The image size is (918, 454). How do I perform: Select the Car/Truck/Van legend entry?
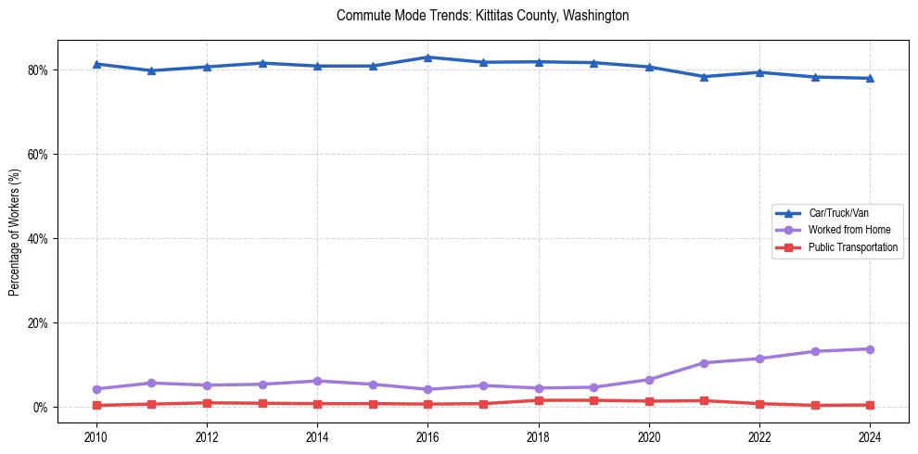[838, 213]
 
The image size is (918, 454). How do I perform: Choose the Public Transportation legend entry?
[852, 247]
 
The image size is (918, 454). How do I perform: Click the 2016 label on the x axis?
[427, 436]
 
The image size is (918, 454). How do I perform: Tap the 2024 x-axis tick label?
[870, 436]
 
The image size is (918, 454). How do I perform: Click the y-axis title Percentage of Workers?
[15, 231]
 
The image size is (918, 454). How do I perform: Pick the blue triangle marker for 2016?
[427, 57]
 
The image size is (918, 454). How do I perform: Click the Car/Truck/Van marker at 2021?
[704, 77]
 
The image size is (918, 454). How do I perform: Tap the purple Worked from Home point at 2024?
[870, 349]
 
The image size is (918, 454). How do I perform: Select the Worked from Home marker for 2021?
[704, 363]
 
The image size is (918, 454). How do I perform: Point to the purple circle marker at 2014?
[317, 381]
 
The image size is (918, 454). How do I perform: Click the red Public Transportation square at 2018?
[538, 400]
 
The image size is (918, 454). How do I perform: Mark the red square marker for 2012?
[207, 403]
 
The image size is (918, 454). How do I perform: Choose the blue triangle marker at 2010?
[96, 64]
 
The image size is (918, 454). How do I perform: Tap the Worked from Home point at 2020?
[649, 380]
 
